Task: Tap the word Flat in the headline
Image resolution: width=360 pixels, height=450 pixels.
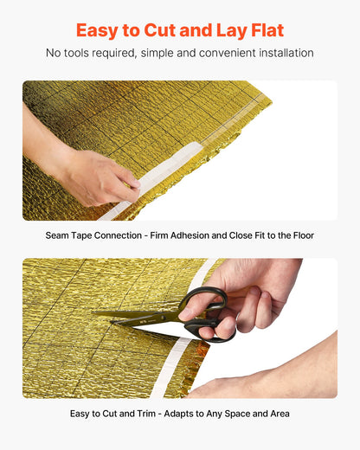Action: pyautogui.click(x=267, y=30)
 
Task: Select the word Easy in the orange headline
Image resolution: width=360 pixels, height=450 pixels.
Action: pyautogui.click(x=97, y=31)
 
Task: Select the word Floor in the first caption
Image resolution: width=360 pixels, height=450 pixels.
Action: pyautogui.click(x=304, y=235)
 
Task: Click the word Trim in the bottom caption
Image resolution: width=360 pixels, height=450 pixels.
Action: pyautogui.click(x=146, y=414)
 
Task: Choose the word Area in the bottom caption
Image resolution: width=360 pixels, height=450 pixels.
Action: pyautogui.click(x=280, y=414)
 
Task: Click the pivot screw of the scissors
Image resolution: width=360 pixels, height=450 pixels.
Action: pyautogui.click(x=164, y=318)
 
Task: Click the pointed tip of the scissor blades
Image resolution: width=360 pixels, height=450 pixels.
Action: pyautogui.click(x=93, y=312)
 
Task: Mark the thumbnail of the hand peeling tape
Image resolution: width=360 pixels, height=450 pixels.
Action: pyautogui.click(x=132, y=183)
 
